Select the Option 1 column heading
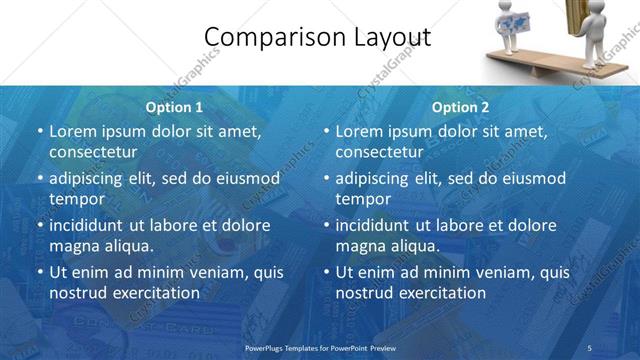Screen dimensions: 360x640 click(x=174, y=107)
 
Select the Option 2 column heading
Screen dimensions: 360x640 click(x=460, y=107)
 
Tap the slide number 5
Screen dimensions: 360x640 click(x=589, y=347)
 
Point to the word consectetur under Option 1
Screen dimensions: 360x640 click(x=93, y=152)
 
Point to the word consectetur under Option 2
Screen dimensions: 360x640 click(x=380, y=152)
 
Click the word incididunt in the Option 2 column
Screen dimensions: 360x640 click(x=382, y=225)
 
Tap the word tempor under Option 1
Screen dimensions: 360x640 click(x=76, y=198)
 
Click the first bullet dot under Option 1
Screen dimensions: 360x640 click(x=40, y=131)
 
